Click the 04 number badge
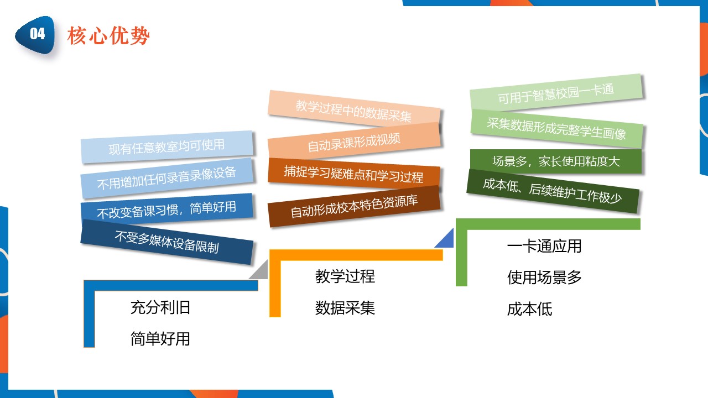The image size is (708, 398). click(x=36, y=34)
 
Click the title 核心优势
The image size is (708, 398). click(x=108, y=35)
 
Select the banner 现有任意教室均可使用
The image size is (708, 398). click(x=167, y=147)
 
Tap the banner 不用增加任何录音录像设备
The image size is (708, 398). click(x=167, y=178)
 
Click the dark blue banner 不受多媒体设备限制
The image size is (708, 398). click(x=167, y=242)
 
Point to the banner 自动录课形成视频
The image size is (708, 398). click(x=354, y=142)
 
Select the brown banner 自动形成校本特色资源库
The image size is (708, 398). click(x=354, y=206)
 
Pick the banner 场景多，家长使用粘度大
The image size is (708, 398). click(x=556, y=161)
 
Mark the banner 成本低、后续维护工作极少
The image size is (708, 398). click(x=553, y=191)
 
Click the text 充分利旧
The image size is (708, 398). click(x=160, y=307)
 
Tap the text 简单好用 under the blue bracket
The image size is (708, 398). click(x=160, y=339)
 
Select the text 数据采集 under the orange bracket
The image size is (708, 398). click(x=345, y=308)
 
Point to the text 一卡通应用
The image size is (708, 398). click(x=544, y=246)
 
